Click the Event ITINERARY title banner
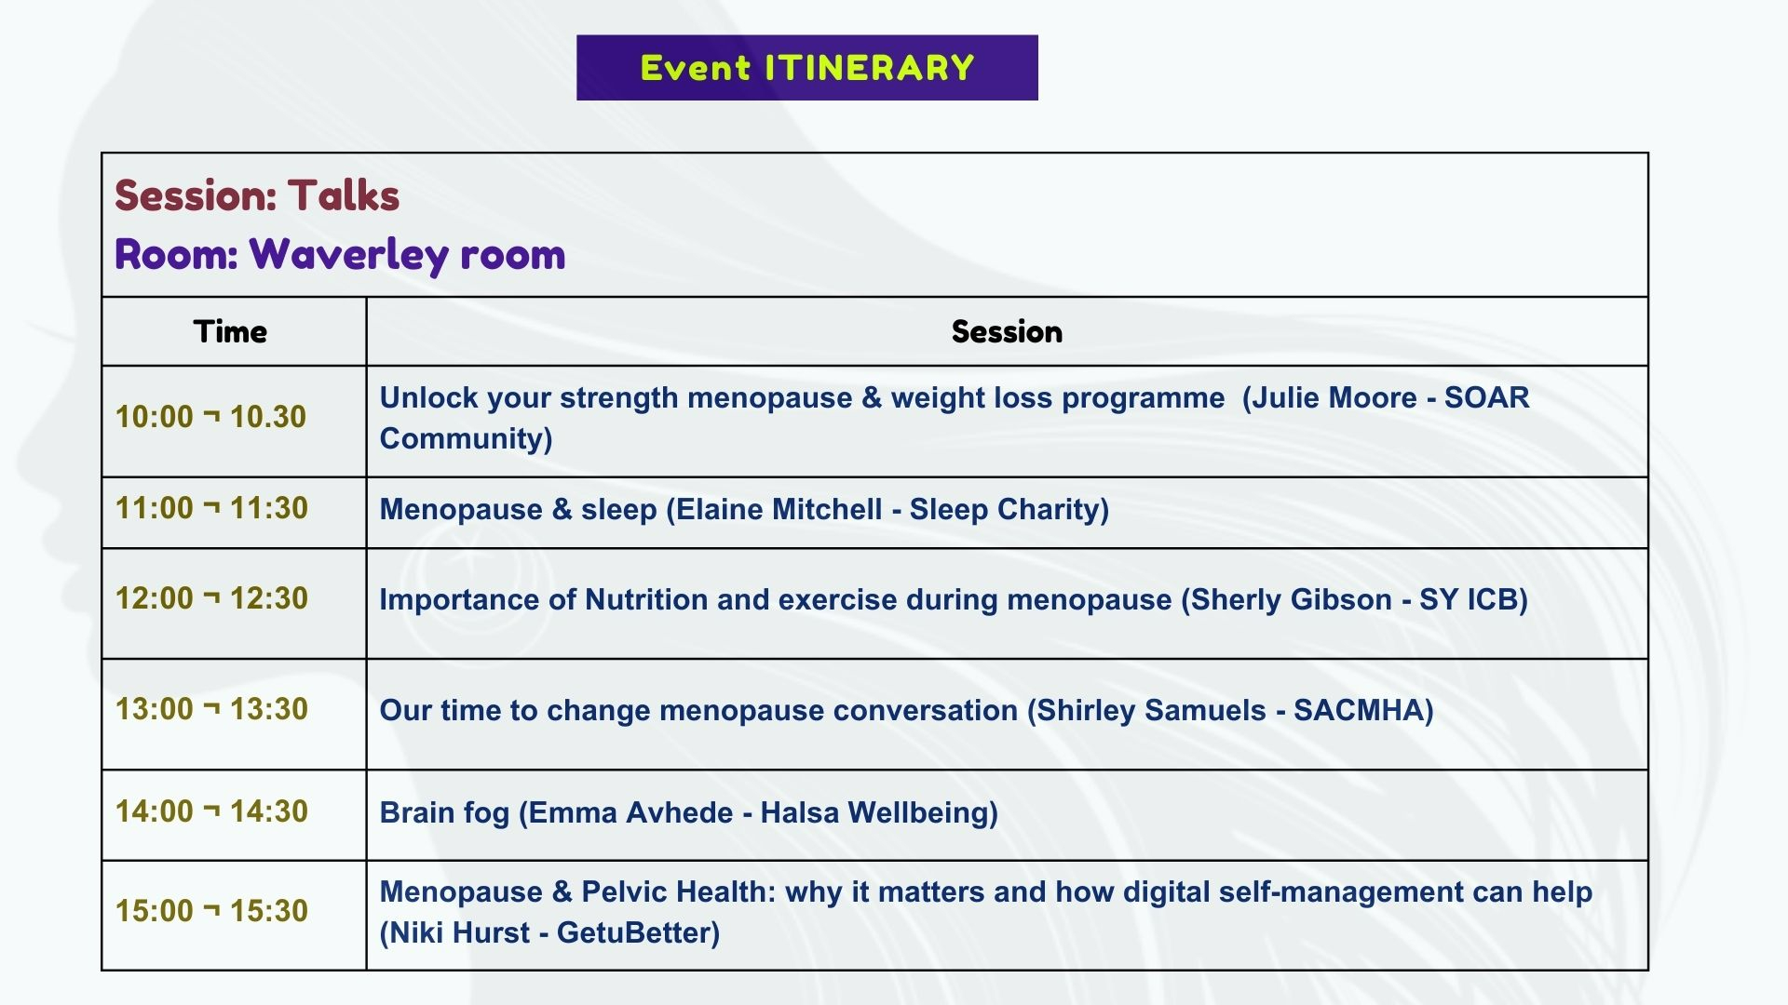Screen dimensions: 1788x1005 (806, 68)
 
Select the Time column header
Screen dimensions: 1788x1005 (230, 332)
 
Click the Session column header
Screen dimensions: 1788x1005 (1007, 332)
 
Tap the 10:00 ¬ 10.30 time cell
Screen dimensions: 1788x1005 (210, 417)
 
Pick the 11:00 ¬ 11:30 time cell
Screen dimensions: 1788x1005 (210, 508)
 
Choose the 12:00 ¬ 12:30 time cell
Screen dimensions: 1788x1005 (210, 598)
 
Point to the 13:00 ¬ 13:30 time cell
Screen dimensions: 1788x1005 (210, 709)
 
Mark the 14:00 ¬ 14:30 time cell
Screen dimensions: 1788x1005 (210, 811)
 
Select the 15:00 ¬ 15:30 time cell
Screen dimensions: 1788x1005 (210, 911)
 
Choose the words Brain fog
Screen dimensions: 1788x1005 (444, 813)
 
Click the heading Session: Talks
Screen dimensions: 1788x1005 (257, 195)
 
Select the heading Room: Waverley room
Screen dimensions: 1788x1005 (340, 254)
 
